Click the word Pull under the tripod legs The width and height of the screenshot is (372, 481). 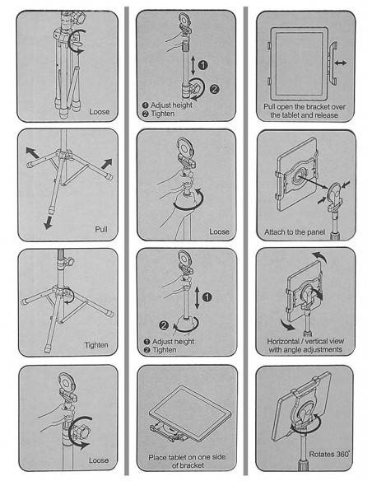[x=101, y=230]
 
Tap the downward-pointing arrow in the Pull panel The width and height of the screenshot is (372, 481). [x=48, y=222]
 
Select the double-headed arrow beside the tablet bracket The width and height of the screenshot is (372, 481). [x=341, y=63]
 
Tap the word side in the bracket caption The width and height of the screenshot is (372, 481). [x=218, y=457]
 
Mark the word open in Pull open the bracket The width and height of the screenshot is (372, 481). [x=286, y=107]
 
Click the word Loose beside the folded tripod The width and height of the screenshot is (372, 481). [x=99, y=112]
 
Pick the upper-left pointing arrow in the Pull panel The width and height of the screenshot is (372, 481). [x=32, y=152]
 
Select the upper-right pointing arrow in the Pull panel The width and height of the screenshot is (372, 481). [x=106, y=164]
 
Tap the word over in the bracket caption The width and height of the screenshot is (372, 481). [x=337, y=107]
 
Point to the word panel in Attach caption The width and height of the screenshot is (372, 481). [x=314, y=232]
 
